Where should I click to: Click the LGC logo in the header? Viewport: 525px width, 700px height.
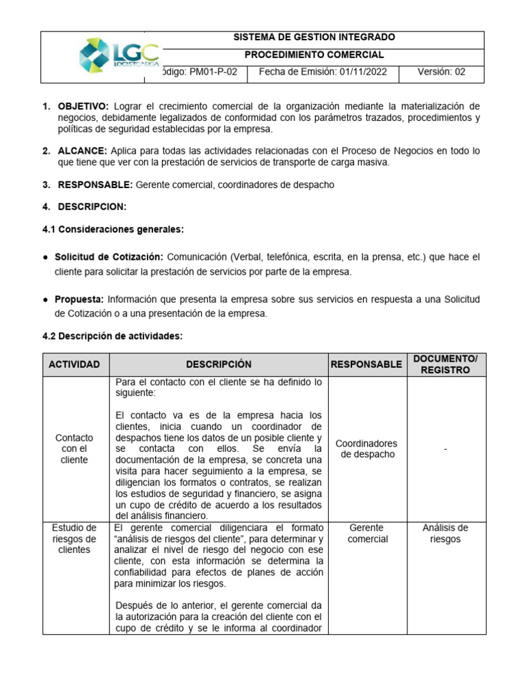pyautogui.click(x=119, y=55)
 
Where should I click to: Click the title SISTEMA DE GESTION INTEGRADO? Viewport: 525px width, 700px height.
pyautogui.click(x=314, y=38)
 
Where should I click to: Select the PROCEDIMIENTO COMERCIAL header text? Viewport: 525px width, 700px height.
pyautogui.click(x=314, y=55)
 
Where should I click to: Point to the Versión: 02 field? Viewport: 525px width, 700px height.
pyautogui.click(x=442, y=72)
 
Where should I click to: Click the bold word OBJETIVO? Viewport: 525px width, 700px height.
pyautogui.click(x=83, y=106)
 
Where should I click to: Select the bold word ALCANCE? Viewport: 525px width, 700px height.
pyautogui.click(x=82, y=151)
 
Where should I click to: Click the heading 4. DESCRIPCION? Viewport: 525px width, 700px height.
pyautogui.click(x=84, y=207)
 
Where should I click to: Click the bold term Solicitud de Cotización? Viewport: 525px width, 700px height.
pyautogui.click(x=109, y=257)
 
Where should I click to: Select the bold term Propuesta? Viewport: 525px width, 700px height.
pyautogui.click(x=79, y=299)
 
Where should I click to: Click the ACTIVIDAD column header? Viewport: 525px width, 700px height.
pyautogui.click(x=75, y=364)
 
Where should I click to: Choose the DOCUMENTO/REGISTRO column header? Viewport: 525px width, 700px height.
pyautogui.click(x=446, y=364)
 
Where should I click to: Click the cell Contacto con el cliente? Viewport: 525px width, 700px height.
pyautogui.click(x=75, y=448)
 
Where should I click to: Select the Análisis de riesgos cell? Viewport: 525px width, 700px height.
pyautogui.click(x=446, y=533)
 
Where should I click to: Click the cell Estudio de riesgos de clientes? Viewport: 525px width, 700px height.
pyautogui.click(x=75, y=539)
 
